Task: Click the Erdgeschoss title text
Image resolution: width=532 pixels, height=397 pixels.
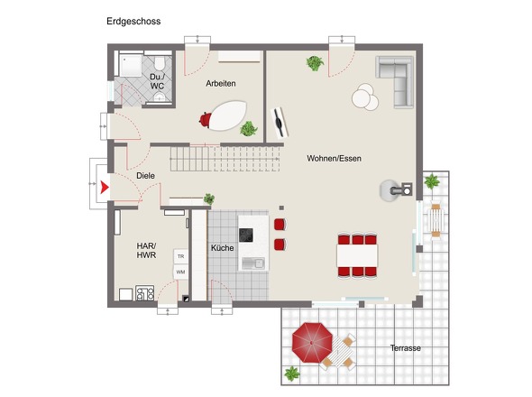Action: [x=133, y=22]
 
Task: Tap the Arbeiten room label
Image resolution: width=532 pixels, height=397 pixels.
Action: [x=221, y=83]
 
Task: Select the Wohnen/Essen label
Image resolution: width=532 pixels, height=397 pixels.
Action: [x=334, y=158]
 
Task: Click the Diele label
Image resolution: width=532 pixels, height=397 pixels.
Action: [x=145, y=176]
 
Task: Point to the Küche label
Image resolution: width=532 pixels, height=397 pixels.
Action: [x=222, y=248]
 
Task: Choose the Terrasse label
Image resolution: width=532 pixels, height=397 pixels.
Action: [x=406, y=348]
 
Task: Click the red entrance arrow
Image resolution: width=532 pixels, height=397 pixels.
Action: [x=105, y=187]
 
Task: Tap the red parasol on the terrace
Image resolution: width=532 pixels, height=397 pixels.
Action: [x=312, y=342]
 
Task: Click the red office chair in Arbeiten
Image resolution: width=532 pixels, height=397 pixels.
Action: [x=206, y=119]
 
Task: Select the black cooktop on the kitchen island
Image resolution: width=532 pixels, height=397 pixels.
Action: [x=245, y=235]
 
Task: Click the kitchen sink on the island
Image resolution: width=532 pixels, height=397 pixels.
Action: [x=253, y=263]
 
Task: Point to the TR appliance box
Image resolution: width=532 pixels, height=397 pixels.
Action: [x=181, y=257]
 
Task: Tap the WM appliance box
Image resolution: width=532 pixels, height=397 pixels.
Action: [x=181, y=272]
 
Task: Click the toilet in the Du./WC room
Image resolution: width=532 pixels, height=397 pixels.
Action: [x=160, y=63]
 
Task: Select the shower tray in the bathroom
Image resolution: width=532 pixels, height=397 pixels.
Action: [x=130, y=66]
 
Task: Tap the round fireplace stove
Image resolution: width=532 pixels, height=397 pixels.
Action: [x=390, y=190]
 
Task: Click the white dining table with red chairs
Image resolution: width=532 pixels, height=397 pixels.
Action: [x=357, y=255]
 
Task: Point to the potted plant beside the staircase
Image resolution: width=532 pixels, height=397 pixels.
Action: [x=209, y=198]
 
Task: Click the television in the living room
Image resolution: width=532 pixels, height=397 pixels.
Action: [x=280, y=123]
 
